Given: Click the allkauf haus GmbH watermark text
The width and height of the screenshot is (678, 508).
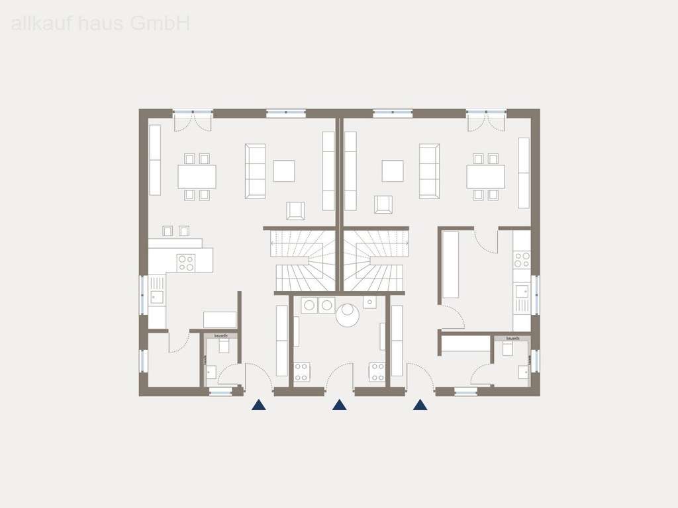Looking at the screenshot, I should pos(101,24).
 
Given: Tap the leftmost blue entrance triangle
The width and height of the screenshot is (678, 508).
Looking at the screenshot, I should pos(259,405).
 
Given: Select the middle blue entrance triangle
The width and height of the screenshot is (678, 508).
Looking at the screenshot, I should pos(339,405).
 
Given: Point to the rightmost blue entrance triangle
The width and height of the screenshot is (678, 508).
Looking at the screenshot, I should pos(420,405).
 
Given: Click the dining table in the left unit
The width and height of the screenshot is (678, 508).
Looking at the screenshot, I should pos(197,177).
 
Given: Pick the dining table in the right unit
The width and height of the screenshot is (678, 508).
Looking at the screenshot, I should pos(485,177).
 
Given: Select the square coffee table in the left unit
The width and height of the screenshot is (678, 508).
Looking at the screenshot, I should pos(284,171).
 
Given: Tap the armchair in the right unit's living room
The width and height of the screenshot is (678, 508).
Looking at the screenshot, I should pos(383,204).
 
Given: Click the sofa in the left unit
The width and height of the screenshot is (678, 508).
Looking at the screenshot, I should pos(255,171).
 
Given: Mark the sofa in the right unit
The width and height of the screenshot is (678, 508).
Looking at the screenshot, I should pos(429,171).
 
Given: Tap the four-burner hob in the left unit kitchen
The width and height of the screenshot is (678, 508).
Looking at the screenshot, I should pos(186,263).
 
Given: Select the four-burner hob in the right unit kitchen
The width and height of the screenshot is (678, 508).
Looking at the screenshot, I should pos(522,259).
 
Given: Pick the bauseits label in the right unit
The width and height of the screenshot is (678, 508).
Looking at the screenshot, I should pos(512,339).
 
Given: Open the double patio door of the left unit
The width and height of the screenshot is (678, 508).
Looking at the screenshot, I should pos(192,120).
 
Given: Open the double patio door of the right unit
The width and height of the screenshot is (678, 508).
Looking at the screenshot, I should pos(486,120).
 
